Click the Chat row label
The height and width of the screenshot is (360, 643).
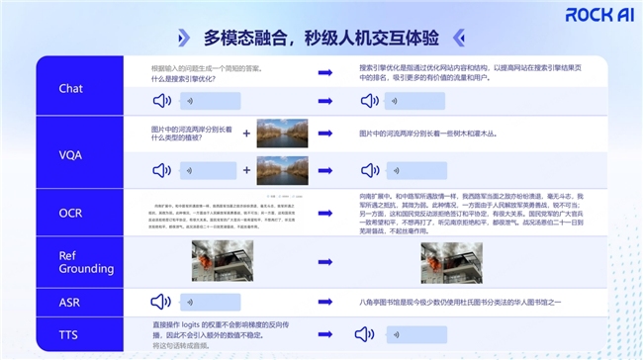[x=70, y=88]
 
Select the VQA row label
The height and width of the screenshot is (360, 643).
[x=70, y=151]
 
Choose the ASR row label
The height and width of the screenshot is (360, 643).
[x=70, y=302]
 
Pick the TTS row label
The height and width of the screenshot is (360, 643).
[x=70, y=336]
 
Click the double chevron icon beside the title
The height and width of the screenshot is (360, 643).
[x=183, y=38]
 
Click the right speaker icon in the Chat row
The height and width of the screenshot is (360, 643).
[x=370, y=100]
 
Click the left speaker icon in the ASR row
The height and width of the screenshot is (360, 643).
[x=161, y=302]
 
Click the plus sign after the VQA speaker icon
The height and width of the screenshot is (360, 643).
[x=246, y=169]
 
